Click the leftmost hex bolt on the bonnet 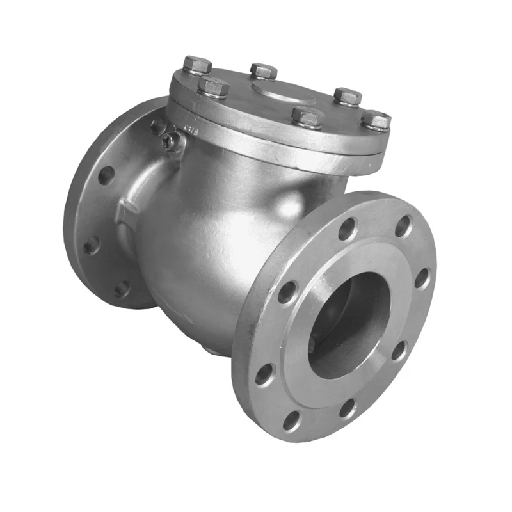[x=197, y=65]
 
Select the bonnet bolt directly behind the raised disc [x=263, y=71]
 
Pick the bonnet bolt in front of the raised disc [x=307, y=117]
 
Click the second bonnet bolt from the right [x=348, y=97]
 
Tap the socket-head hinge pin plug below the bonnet [x=170, y=142]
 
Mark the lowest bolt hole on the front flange [x=292, y=420]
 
